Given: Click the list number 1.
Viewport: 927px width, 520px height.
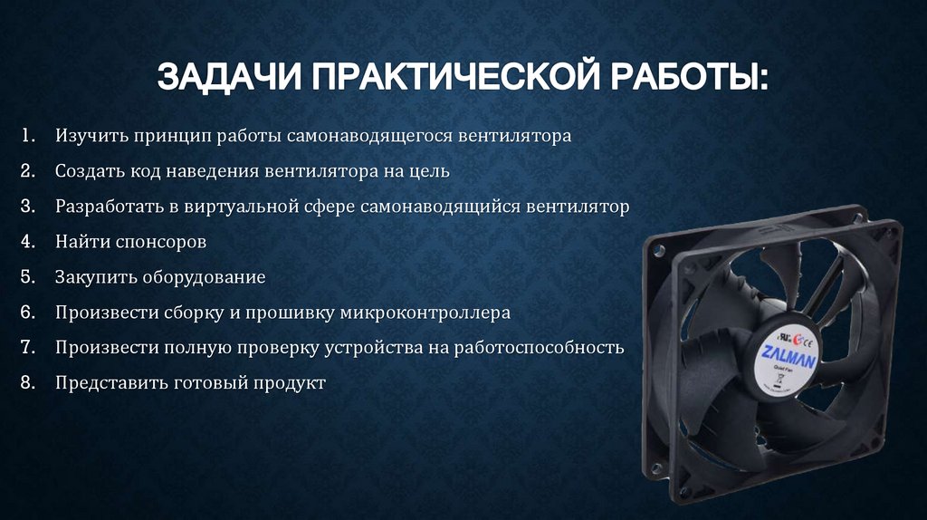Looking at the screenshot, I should tap(25, 136).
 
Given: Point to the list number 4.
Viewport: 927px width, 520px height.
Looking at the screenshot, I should tap(26, 241).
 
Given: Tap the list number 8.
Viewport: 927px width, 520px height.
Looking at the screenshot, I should tap(26, 382).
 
